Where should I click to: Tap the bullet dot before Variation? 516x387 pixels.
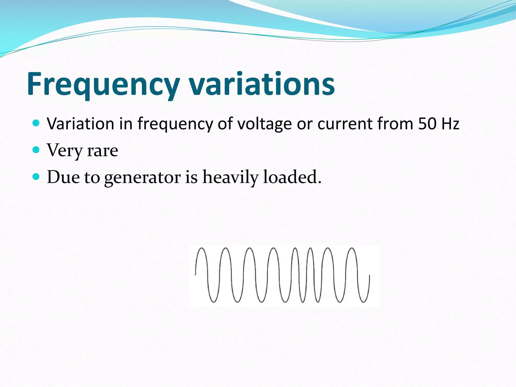tap(36, 123)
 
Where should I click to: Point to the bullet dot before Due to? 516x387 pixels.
tap(36, 177)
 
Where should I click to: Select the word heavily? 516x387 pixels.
tap(230, 177)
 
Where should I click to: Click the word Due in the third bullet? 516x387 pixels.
tap(63, 177)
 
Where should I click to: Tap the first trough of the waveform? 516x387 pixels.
tap(213, 302)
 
